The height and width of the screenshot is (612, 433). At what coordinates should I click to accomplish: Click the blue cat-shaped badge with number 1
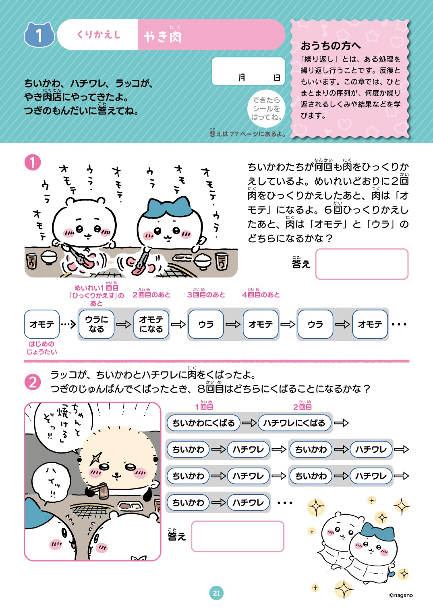39,35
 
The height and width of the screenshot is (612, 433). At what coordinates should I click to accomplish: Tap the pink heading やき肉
163,37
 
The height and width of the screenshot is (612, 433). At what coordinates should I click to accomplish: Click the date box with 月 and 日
248,72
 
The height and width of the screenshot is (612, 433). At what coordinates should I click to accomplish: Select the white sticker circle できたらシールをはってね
266,108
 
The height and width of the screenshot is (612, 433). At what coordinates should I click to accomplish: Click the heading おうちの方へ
331,46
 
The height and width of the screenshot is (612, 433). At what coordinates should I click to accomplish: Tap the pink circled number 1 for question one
33,163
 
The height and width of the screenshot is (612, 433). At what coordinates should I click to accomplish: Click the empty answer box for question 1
361,264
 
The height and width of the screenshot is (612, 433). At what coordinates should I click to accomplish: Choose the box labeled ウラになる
96,324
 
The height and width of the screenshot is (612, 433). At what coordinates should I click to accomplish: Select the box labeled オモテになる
151,324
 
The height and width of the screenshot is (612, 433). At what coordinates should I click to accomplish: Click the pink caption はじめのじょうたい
41,348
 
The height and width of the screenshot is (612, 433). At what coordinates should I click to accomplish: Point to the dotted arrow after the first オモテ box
68,324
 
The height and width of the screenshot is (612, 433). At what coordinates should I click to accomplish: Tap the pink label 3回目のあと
206,295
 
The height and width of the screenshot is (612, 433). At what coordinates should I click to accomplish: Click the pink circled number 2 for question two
33,382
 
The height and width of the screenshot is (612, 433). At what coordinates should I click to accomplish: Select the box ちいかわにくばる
203,423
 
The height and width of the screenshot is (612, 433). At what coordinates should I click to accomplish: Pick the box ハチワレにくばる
294,423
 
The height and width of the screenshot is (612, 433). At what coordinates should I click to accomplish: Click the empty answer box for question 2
237,536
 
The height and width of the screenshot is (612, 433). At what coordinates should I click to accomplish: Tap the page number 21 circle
216,593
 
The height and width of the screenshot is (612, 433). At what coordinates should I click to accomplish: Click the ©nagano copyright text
401,595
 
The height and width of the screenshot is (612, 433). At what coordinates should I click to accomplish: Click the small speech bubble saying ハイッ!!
51,481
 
